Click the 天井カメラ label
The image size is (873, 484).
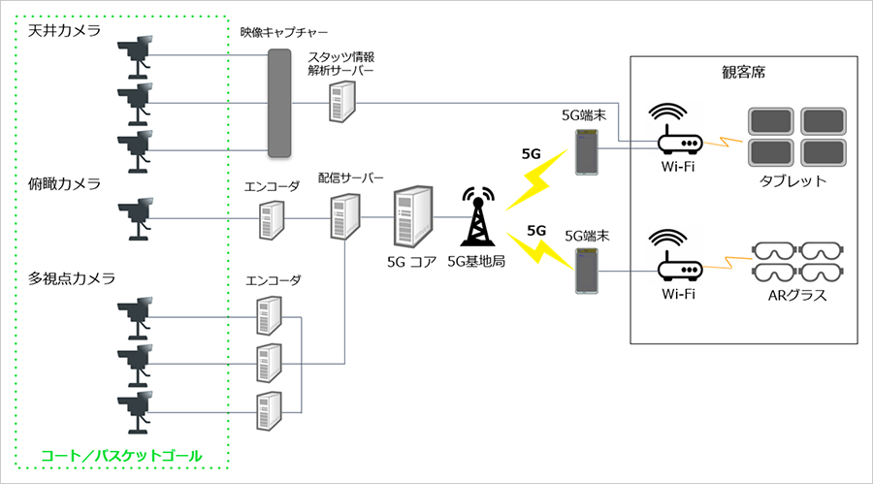coord(65,31)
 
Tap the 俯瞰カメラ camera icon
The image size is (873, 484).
coord(136,218)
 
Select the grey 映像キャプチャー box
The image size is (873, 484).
coord(279,103)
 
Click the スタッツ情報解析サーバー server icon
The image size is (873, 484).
coord(341,102)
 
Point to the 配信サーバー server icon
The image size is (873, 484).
coord(345,216)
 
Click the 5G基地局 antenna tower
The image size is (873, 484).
coord(477,216)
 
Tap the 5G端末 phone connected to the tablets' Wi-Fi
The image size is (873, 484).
coord(586,152)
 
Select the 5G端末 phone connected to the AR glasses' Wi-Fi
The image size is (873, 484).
coord(586,271)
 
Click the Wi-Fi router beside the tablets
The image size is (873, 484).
coord(678,130)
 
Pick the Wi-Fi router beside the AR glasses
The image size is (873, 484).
coord(678,256)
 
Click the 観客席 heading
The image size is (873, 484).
coord(744,73)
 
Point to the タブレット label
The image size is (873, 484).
coord(793,181)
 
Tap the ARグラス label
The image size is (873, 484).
coord(797,295)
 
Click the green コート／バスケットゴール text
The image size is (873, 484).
coord(121,456)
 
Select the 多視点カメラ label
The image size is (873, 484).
coord(72,278)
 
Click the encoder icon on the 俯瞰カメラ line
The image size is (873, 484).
coord(272,220)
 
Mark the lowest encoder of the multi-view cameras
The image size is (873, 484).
coord(269,411)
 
